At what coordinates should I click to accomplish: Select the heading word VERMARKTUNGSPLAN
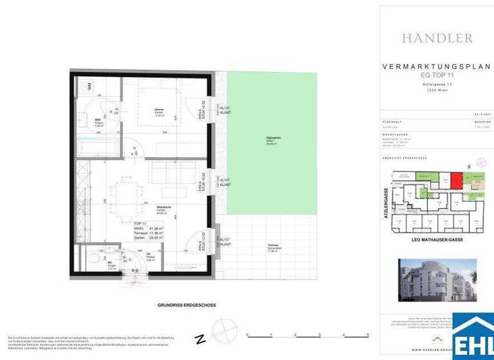[437, 66]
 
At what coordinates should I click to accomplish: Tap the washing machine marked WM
[89, 85]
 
